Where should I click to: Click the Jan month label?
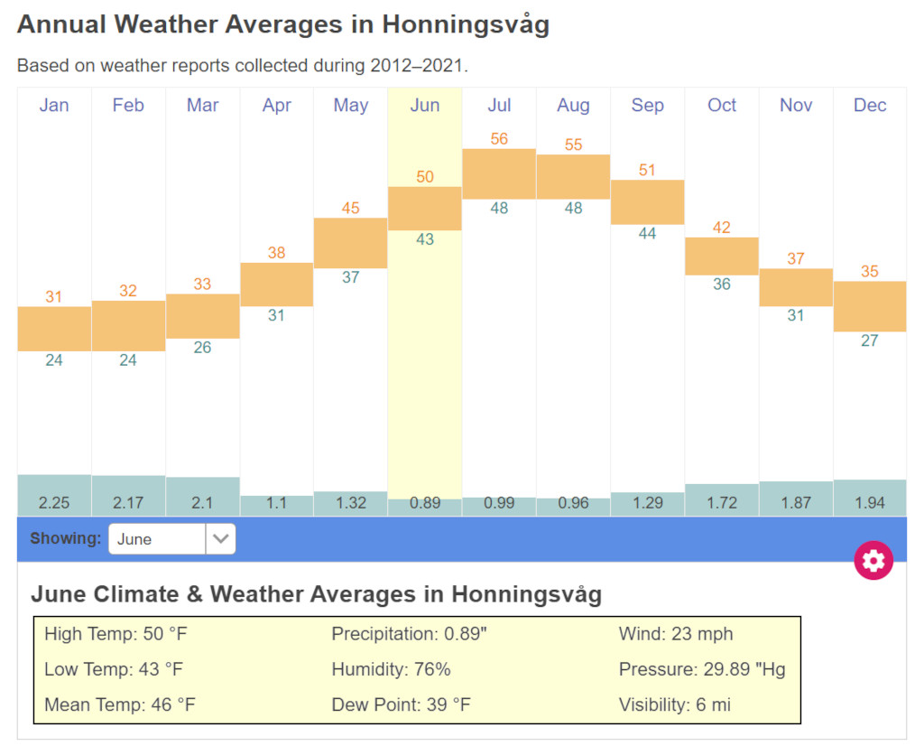tap(54, 106)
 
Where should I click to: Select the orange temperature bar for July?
tap(499, 173)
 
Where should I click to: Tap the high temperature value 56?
tap(499, 139)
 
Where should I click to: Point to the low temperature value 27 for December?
tap(869, 341)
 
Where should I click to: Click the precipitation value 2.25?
tap(54, 503)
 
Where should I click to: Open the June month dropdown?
tap(171, 539)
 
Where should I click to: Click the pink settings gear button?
tap(873, 561)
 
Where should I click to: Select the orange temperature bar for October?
tap(722, 256)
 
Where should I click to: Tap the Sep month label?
tap(647, 106)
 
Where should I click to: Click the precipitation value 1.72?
tap(722, 503)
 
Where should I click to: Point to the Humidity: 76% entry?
tap(391, 669)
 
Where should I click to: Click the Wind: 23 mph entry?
tap(675, 634)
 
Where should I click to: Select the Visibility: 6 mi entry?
tap(674, 705)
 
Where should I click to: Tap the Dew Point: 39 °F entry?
tap(401, 705)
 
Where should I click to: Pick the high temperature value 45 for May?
tap(351, 209)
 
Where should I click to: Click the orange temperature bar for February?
tap(128, 326)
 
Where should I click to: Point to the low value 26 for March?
tap(202, 348)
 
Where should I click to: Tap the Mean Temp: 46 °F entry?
tap(119, 705)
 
